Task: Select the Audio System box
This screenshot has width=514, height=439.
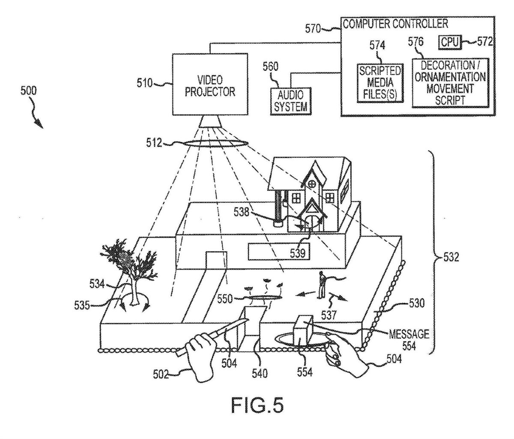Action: point(291,100)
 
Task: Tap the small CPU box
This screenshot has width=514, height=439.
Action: point(450,42)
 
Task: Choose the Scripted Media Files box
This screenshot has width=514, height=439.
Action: point(380,83)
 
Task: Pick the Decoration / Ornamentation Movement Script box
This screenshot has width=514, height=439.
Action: point(449,83)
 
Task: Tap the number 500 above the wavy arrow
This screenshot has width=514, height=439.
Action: point(29,91)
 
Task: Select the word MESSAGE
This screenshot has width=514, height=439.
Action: point(408,333)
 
